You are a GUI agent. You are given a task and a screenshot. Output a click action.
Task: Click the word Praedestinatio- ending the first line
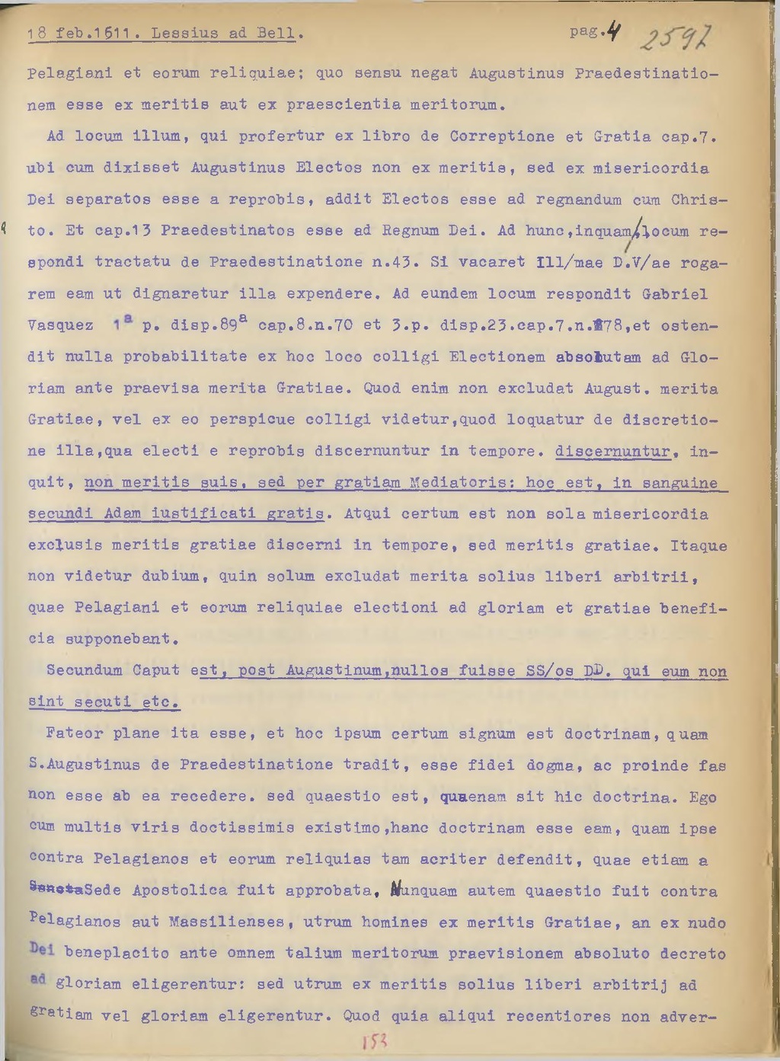point(647,73)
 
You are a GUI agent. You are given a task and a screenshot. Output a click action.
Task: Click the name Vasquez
point(60,325)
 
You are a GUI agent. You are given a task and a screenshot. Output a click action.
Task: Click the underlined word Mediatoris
point(460,483)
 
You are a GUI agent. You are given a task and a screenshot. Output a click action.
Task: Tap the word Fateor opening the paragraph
point(75,733)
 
